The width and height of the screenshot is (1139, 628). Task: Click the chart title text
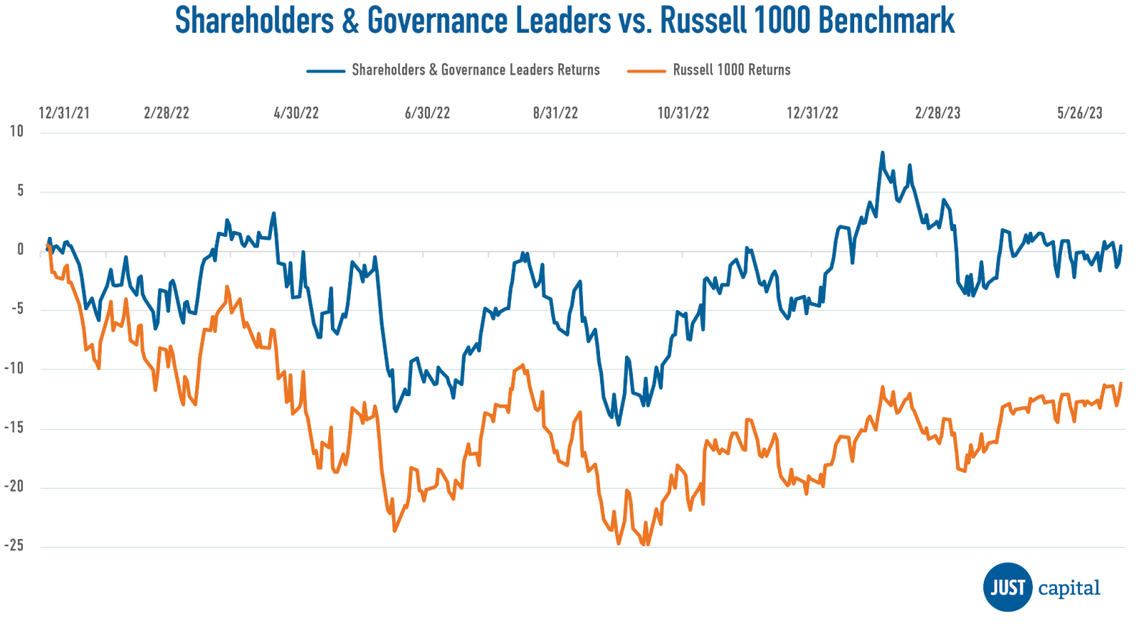pos(565,21)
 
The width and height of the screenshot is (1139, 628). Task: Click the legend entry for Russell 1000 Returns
pos(731,70)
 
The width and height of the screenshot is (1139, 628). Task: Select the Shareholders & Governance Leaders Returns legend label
pos(476,70)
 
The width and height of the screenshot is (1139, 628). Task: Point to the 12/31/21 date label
pos(64,113)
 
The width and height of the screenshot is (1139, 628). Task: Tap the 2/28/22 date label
pos(166,113)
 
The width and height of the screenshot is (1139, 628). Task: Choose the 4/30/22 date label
pos(296,113)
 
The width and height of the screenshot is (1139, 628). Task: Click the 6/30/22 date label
pos(427,113)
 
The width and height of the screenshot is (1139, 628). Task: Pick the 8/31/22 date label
pos(555,113)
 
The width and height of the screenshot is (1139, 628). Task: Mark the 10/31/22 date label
pos(683,113)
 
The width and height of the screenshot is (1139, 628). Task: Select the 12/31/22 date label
pos(812,113)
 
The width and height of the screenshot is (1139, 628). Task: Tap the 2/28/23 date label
pos(938,113)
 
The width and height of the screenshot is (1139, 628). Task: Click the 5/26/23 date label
pos(1080,113)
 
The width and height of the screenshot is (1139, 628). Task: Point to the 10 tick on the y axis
pos(16,132)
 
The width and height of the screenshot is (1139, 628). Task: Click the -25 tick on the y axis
pos(14,545)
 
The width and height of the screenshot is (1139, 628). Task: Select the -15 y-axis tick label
pos(14,427)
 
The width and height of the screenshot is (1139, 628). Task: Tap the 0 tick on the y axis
pos(20,250)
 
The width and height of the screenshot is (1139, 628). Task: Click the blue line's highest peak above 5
pos(883,151)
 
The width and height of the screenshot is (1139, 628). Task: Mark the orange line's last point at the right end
pos(1121,383)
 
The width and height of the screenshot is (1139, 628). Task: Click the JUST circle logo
pos(1007,587)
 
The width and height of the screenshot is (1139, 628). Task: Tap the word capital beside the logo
pos(1069,589)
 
